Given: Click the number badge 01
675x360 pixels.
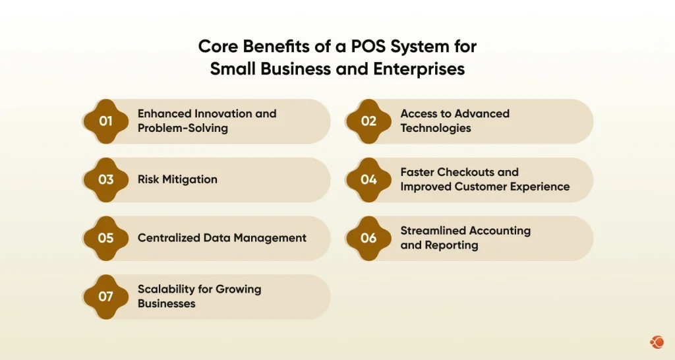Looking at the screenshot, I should click(x=105, y=121).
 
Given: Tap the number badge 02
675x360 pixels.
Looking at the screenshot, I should click(x=368, y=121).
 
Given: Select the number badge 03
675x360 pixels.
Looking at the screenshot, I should click(x=105, y=179).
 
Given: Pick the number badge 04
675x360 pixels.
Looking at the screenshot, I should click(x=368, y=179).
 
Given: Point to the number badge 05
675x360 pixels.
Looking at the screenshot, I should click(x=105, y=238).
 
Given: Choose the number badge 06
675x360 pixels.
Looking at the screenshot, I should click(x=368, y=238).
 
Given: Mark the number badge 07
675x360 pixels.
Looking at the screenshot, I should click(x=105, y=297).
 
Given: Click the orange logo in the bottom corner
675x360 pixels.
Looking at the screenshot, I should click(x=657, y=342).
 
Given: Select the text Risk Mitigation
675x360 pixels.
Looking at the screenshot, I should click(x=177, y=179).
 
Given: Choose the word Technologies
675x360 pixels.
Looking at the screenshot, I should click(x=436, y=128).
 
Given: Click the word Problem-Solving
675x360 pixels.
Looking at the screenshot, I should click(x=183, y=128).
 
